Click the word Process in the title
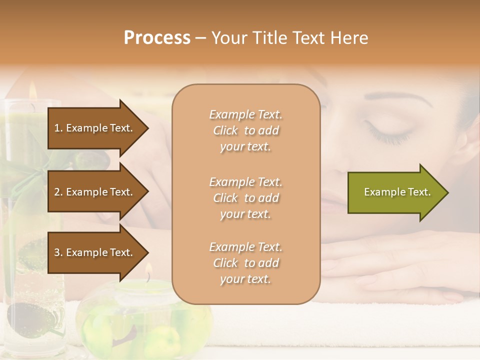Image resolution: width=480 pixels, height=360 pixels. (x=157, y=38)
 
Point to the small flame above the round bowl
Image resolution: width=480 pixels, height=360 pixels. (x=148, y=271)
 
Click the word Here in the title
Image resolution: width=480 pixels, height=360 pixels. (x=349, y=38)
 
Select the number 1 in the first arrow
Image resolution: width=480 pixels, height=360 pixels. (x=57, y=128)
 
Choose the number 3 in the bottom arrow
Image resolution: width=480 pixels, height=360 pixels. (x=57, y=252)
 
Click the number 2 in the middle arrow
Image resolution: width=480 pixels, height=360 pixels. (x=57, y=192)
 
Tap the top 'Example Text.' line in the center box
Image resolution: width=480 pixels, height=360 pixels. (x=245, y=114)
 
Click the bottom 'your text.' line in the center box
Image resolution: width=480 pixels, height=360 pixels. (x=245, y=279)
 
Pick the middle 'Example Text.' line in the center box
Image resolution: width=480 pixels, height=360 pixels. (x=245, y=181)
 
